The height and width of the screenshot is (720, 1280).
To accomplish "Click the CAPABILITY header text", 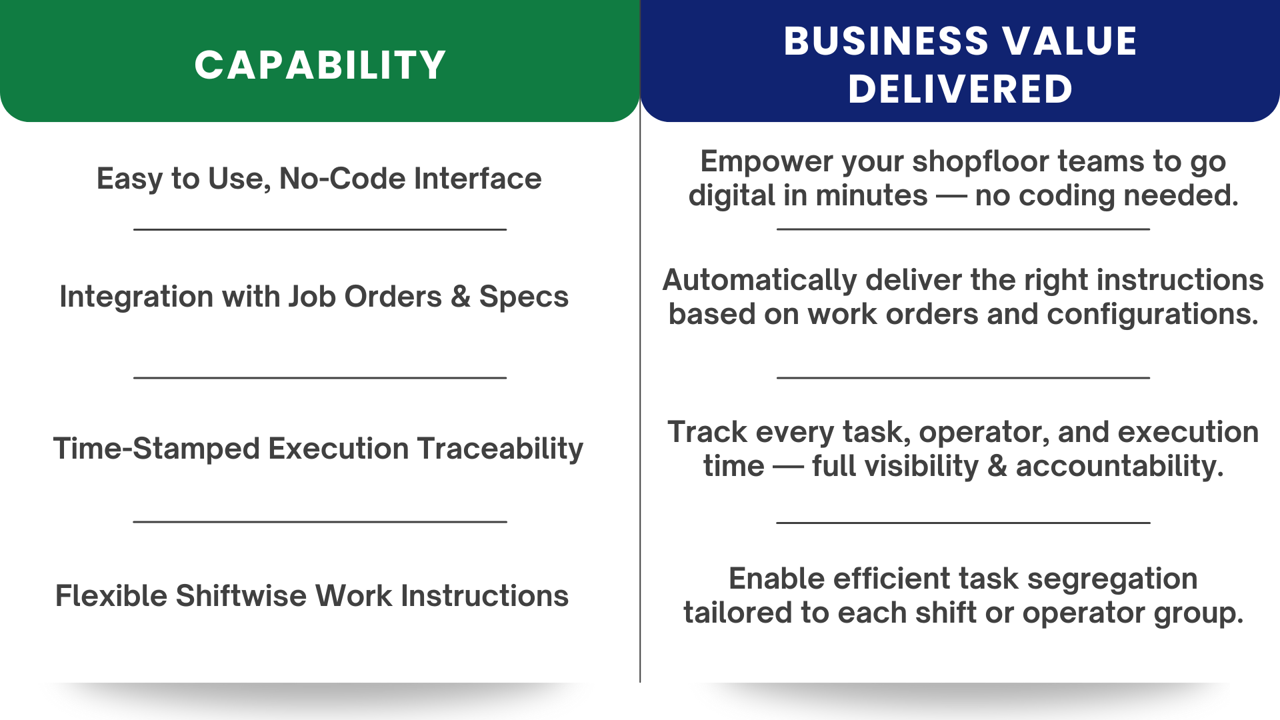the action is click(x=320, y=65).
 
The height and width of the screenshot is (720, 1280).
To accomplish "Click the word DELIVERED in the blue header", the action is click(x=960, y=89).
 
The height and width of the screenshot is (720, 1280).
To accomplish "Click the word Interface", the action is click(x=477, y=179).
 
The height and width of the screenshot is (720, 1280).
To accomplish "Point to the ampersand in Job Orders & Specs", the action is click(x=461, y=297).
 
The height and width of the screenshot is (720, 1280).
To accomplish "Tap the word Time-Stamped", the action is click(x=157, y=449).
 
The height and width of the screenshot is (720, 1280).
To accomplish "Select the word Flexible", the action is click(x=111, y=596).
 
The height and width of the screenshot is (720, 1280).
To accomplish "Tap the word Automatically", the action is click(x=759, y=281).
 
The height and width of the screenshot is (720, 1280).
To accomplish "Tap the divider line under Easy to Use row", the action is click(x=320, y=229).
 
